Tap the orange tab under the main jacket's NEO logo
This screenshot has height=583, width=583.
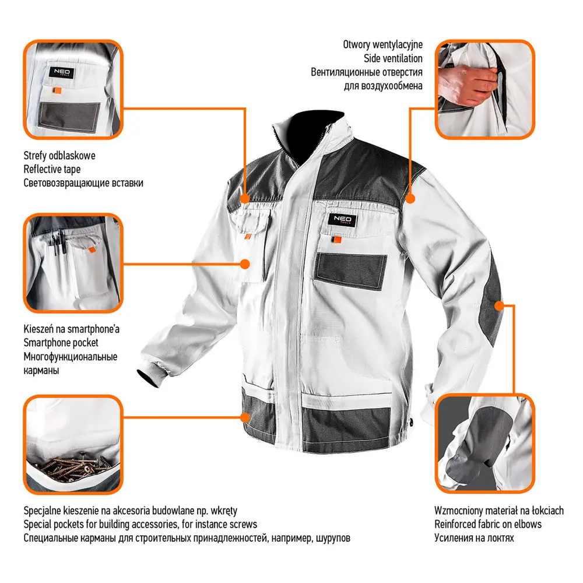click(x=337, y=240)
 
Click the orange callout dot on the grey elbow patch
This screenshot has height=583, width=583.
click(x=500, y=306)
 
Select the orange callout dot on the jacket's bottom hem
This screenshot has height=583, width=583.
click(x=245, y=417)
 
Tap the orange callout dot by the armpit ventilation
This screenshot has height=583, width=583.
click(x=410, y=199)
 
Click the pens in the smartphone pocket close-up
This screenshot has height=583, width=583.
click(x=57, y=243)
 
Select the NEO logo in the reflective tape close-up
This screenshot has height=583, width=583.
click(x=61, y=72)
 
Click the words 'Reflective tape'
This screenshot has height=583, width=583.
click(x=52, y=169)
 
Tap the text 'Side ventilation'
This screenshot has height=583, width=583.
click(x=393, y=58)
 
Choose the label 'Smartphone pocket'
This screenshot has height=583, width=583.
click(x=61, y=342)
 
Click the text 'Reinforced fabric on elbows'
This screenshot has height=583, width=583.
click(x=488, y=524)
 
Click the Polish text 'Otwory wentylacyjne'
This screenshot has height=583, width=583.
click(x=382, y=45)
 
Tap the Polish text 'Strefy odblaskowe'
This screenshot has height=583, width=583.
click(x=59, y=156)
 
